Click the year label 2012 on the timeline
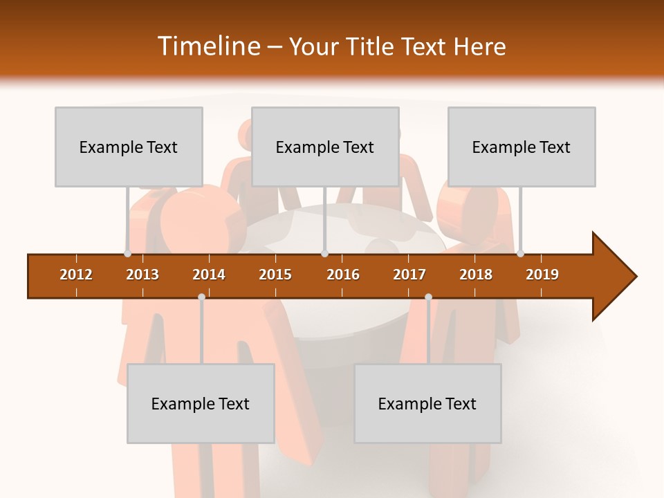[76, 275]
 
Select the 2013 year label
[142, 275]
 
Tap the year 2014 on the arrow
[209, 275]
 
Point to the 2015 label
[275, 275]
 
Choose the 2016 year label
[343, 275]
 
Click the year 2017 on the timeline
[409, 275]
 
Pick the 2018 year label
[476, 275]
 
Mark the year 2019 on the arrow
[542, 275]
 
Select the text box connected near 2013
[129, 147]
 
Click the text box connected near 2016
[325, 147]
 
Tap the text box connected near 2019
[522, 147]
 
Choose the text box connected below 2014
[201, 403]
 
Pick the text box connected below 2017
[427, 403]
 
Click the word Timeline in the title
[208, 46]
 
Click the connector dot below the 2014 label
[201, 297]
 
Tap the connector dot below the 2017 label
[428, 297]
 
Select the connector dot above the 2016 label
[324, 253]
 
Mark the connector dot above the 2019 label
[520, 253]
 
